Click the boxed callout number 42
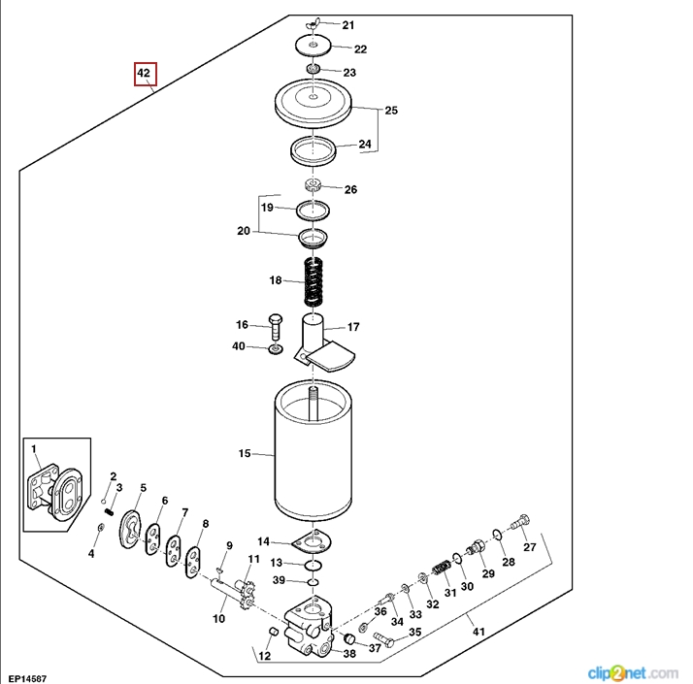tap(145, 74)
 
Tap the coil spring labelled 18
tap(313, 281)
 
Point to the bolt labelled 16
tap(275, 326)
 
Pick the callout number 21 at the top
tap(347, 25)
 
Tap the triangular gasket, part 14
tap(313, 542)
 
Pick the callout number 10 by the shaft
tap(218, 618)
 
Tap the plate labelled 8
tap(194, 559)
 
